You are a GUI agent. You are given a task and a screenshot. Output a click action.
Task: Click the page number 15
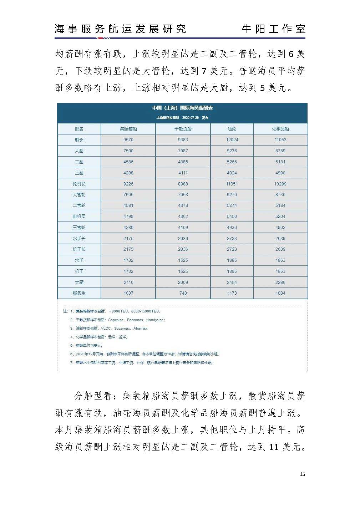click(x=303, y=474)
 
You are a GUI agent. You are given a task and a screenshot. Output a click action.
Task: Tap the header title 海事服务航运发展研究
click(x=120, y=29)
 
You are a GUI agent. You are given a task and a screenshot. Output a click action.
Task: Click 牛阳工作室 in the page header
click(x=273, y=29)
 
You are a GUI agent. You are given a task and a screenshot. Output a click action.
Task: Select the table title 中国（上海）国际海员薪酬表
click(x=182, y=108)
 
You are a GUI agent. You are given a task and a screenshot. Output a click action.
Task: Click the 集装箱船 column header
click(x=128, y=129)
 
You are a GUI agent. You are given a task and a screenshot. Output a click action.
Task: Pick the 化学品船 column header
click(x=280, y=129)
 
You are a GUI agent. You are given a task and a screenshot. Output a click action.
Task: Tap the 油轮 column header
click(x=232, y=129)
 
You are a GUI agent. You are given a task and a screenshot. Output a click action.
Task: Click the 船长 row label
click(x=79, y=140)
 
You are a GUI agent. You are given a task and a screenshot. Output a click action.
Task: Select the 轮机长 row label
click(x=79, y=184)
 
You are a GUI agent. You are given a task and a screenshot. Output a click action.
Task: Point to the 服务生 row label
click(x=79, y=293)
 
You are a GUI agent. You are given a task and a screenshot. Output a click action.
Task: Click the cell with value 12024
click(x=232, y=140)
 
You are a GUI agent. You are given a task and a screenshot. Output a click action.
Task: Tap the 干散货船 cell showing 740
click(x=183, y=293)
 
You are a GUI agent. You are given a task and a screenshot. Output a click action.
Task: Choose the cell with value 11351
click(x=232, y=184)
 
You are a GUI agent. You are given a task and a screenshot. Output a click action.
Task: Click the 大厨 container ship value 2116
click(x=128, y=282)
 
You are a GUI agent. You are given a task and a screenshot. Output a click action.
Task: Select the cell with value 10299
click(x=280, y=184)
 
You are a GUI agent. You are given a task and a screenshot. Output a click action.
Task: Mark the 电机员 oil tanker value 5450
click(x=232, y=217)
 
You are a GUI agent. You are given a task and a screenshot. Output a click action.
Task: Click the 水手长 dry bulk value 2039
click(x=183, y=238)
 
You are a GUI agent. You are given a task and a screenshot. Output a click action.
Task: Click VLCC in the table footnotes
click(x=106, y=328)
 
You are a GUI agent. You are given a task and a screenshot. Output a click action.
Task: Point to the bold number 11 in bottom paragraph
click(x=274, y=447)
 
